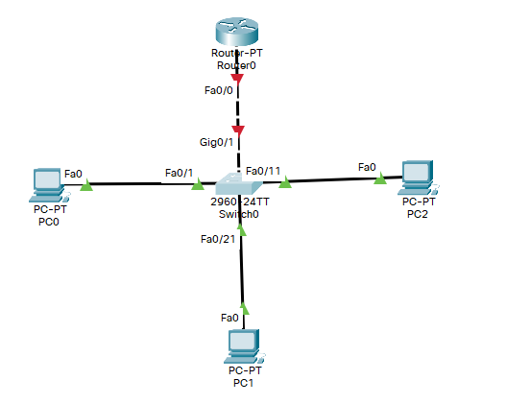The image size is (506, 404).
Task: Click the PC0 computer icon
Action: click(x=45, y=180)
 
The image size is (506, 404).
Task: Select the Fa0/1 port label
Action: click(x=179, y=173)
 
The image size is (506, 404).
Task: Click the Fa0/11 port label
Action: click(x=263, y=171)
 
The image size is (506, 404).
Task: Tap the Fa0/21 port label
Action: click(x=217, y=239)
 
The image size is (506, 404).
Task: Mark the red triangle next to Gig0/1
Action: click(x=238, y=130)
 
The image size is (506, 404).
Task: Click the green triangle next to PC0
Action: click(x=86, y=184)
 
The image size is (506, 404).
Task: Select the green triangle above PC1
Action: click(x=244, y=308)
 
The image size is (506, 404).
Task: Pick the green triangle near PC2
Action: click(x=380, y=178)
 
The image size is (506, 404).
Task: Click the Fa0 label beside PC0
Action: click(x=73, y=174)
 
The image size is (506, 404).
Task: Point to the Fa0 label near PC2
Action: click(x=367, y=167)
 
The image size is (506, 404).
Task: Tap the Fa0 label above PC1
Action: click(x=229, y=318)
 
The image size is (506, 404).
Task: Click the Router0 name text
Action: click(x=237, y=65)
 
